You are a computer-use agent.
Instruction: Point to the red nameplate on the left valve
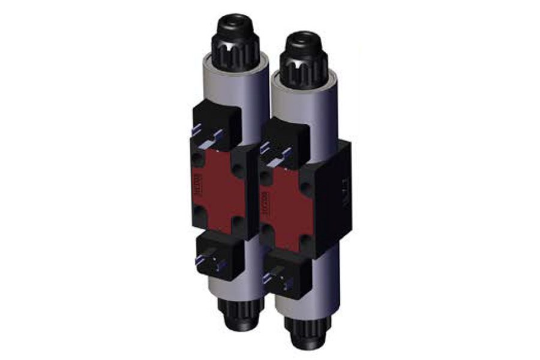[x=217, y=189]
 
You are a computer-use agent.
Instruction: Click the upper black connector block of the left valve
[x=216, y=126]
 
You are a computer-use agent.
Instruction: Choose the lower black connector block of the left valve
[x=219, y=255]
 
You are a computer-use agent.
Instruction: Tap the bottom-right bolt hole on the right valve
[x=305, y=241]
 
